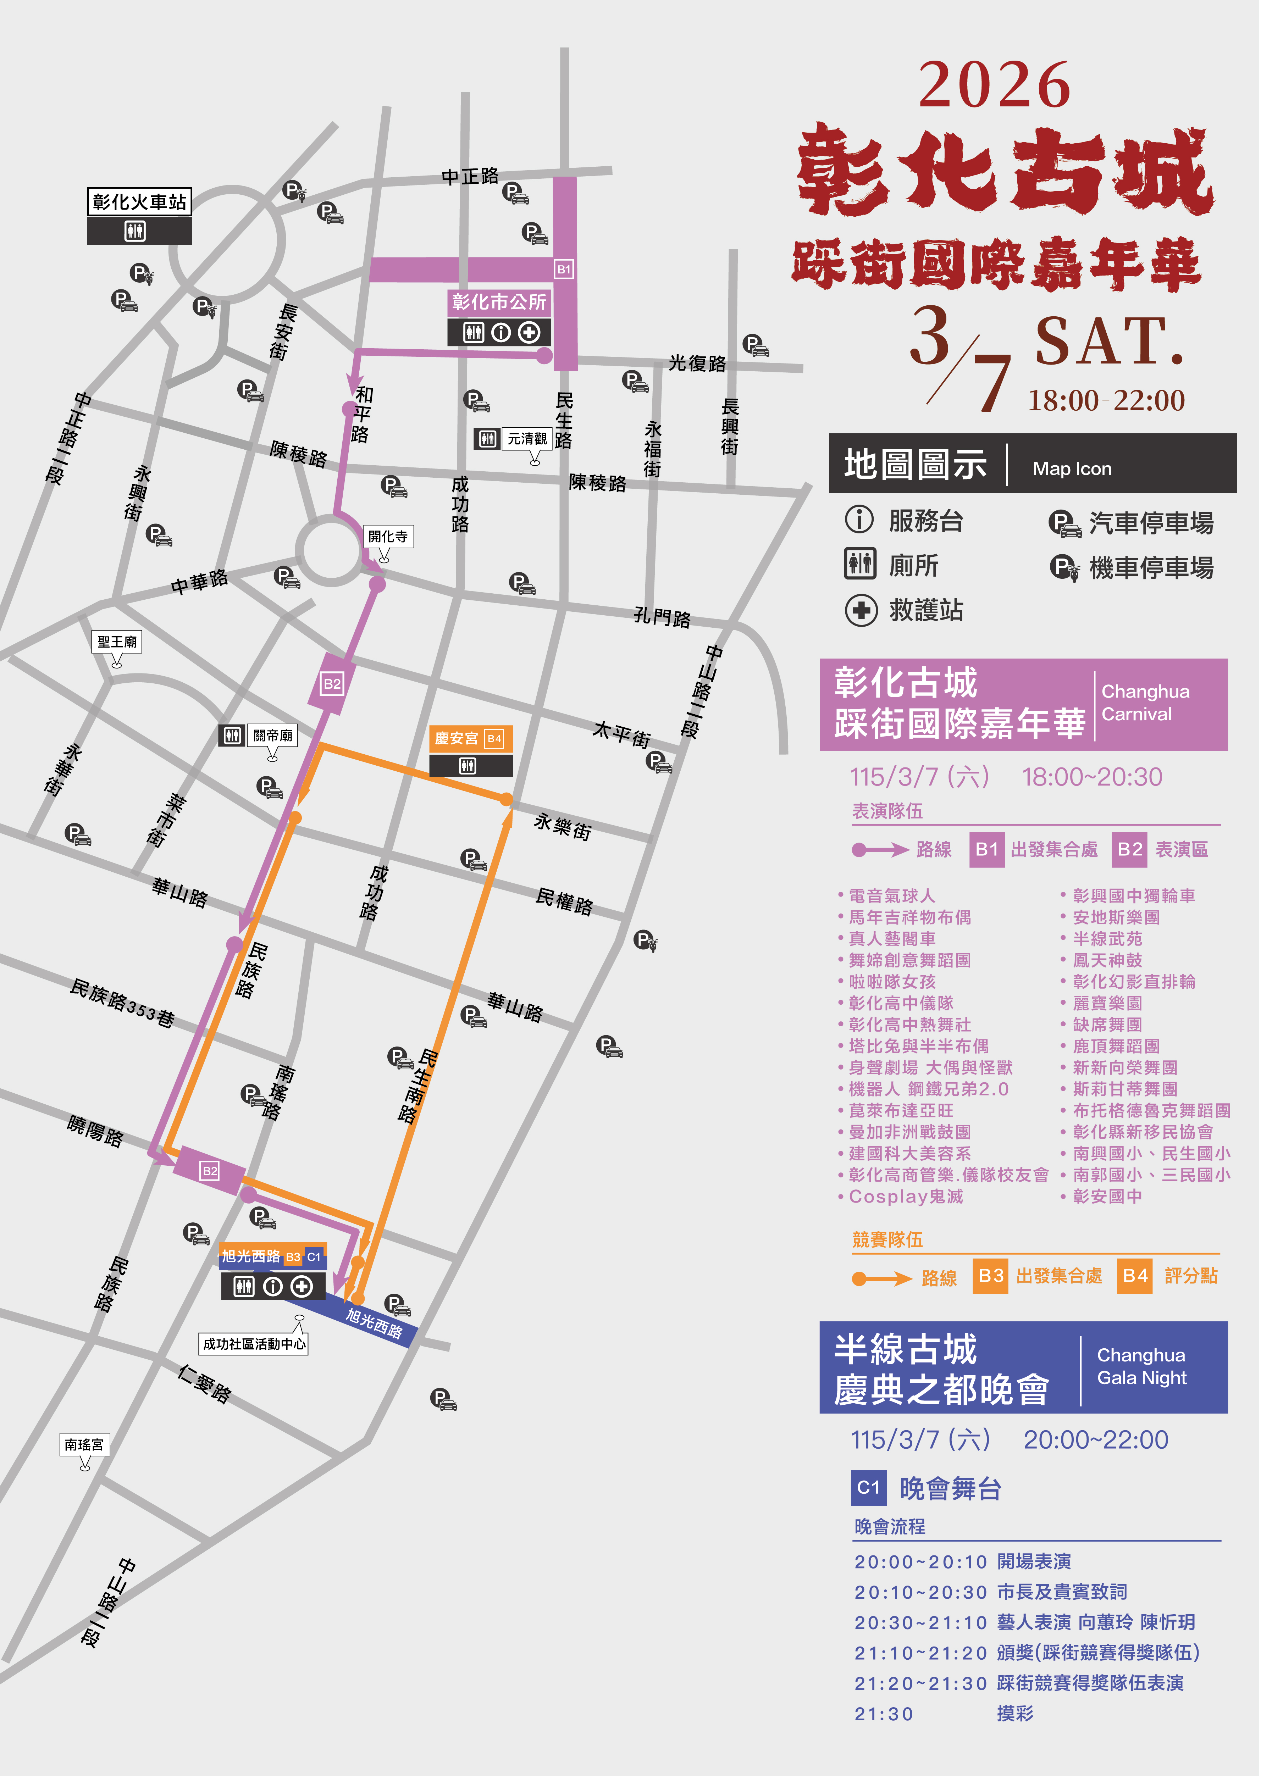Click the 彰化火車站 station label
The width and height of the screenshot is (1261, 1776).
pos(139,202)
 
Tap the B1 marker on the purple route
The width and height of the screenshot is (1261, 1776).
pos(564,270)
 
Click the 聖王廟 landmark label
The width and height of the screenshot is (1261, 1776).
pos(117,642)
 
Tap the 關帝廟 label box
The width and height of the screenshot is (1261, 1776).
pos(272,735)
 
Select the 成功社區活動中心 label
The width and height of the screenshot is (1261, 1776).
pos(254,1344)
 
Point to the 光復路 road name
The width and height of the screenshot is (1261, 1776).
pos(697,363)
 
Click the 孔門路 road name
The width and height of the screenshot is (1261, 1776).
pos(662,617)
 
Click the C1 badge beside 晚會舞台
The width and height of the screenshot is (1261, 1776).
pos(868,1488)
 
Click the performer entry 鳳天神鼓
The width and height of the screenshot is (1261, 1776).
pos(1107,960)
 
